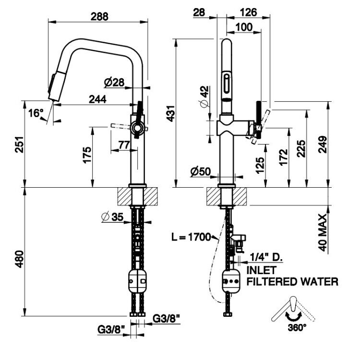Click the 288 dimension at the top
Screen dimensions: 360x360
coord(99,16)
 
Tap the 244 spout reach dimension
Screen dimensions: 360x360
coord(97,99)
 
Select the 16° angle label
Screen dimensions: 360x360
coord(36,113)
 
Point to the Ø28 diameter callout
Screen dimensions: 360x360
coord(114,83)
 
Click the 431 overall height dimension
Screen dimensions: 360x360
coord(170,114)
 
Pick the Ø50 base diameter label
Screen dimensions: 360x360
coord(201,171)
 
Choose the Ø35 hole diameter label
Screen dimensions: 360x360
coord(112,217)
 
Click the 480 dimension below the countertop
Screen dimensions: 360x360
coord(19,259)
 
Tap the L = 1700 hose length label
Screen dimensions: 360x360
coord(191,237)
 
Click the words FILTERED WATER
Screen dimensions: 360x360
coord(292,282)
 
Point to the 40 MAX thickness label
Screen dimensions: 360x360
coord(323,233)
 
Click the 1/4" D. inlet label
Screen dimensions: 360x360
coord(266,257)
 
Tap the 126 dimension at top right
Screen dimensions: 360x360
coord(249,12)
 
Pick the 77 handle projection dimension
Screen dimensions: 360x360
coord(124,145)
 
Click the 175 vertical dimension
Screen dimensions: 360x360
coord(87,155)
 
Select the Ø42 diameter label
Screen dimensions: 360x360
coord(204,96)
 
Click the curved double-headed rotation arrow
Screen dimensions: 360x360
coord(293,316)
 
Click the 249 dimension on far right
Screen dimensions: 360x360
coord(323,144)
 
